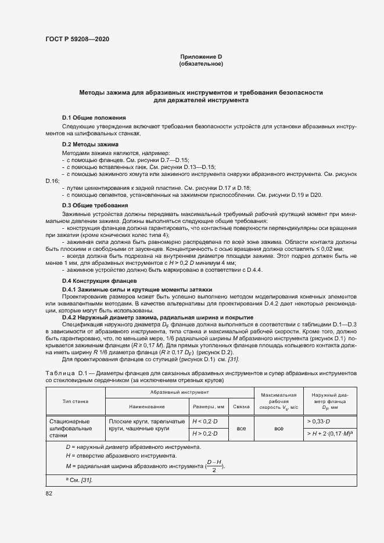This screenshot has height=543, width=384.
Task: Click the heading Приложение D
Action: click(201, 56)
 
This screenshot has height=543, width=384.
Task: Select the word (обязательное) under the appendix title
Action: click(201, 63)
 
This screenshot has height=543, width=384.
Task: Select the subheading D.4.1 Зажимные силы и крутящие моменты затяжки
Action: click(137, 289)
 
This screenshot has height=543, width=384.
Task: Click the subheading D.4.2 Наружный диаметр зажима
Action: click(157, 317)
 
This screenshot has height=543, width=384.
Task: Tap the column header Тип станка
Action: click(74, 401)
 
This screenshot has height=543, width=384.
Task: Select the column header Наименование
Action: click(147, 407)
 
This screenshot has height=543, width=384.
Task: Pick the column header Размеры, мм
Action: click(208, 407)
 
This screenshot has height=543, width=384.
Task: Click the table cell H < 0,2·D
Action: click(204, 421)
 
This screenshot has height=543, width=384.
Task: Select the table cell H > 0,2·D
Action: click(204, 433)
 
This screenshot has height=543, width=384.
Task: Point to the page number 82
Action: click(49, 493)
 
